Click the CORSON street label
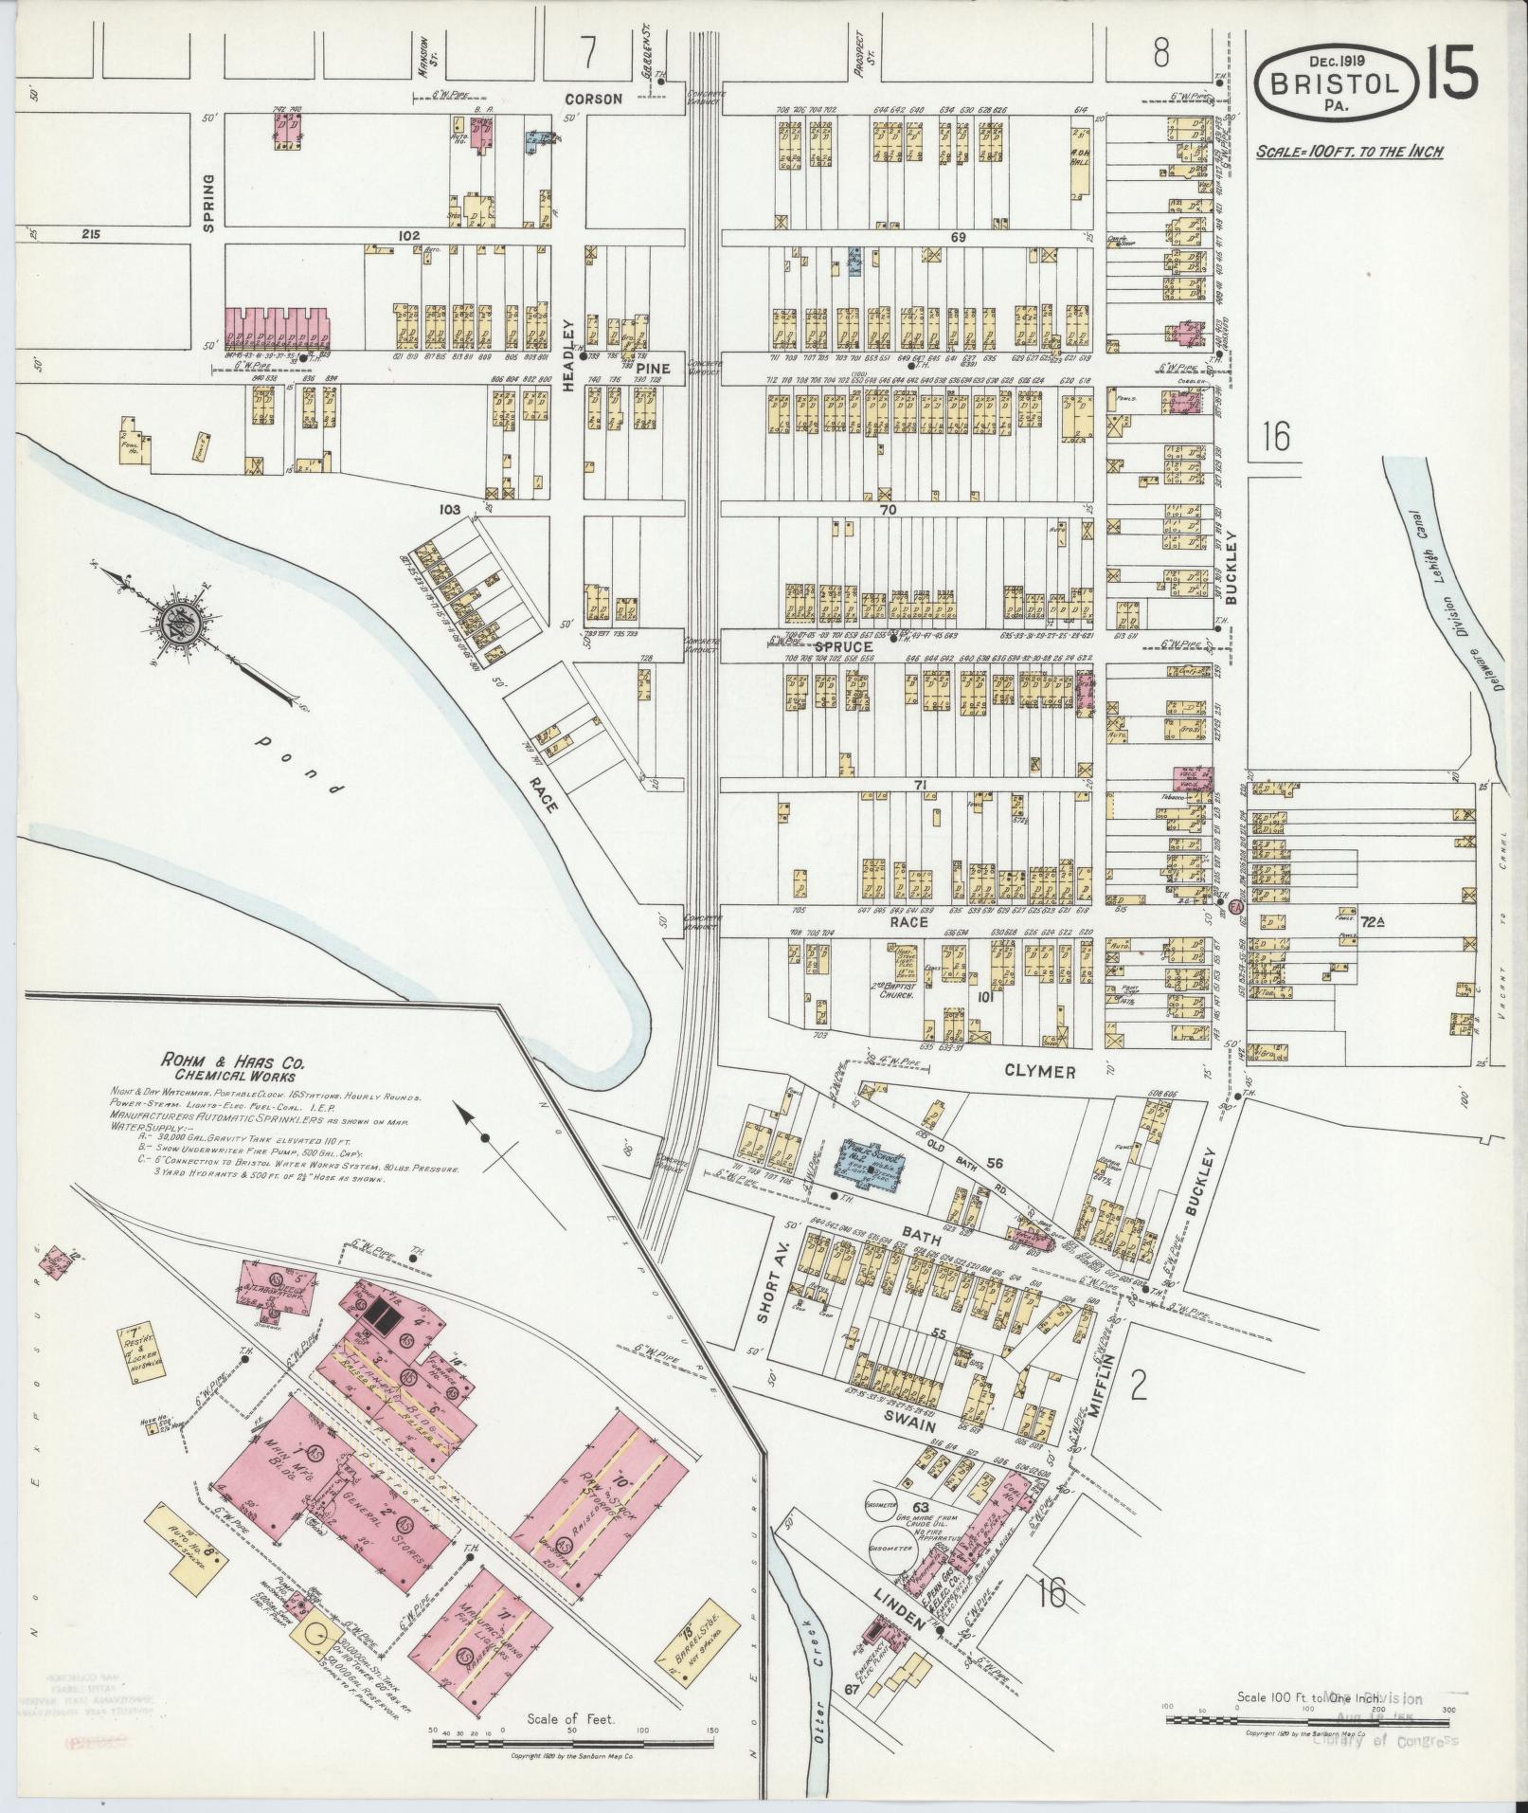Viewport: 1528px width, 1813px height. point(594,99)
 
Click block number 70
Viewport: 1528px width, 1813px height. point(887,509)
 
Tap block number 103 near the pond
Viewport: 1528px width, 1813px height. point(449,510)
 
